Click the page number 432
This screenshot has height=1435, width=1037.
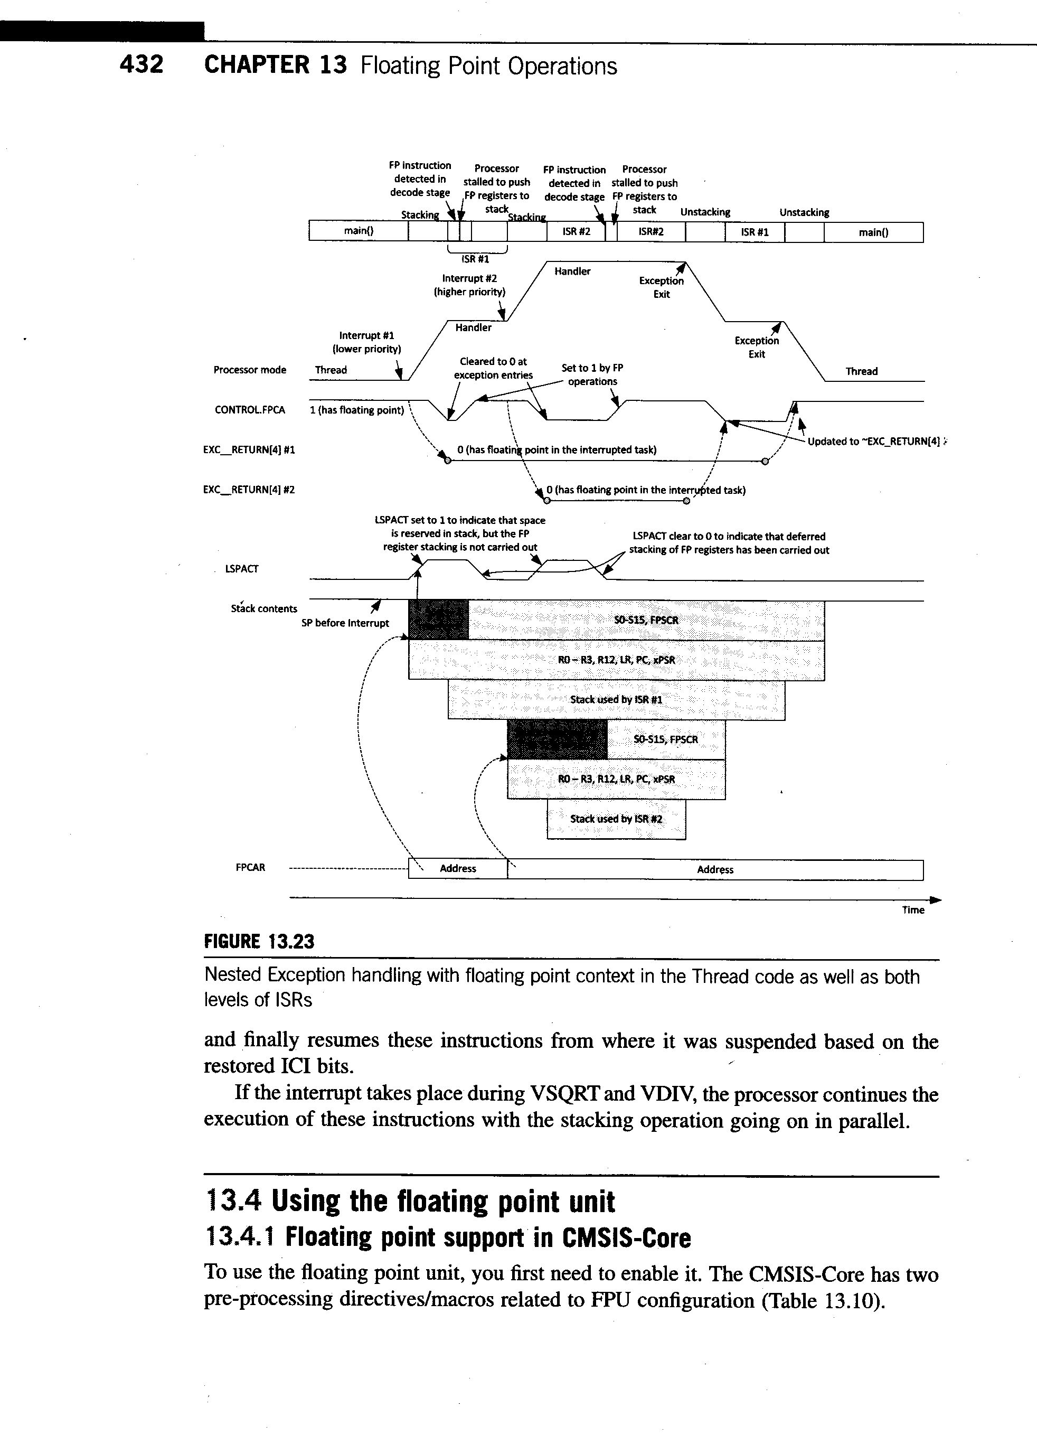(x=142, y=64)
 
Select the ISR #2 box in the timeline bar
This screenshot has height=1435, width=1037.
(x=576, y=231)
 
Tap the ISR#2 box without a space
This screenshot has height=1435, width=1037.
(x=651, y=231)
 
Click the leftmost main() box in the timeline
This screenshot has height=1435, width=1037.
(x=358, y=231)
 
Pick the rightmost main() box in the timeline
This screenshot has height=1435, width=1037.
(x=873, y=232)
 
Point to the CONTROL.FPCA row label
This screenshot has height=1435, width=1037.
(x=250, y=410)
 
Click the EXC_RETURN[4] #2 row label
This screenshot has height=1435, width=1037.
(x=249, y=490)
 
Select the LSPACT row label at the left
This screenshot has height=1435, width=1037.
(x=242, y=569)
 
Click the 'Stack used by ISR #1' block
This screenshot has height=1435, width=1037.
(x=616, y=700)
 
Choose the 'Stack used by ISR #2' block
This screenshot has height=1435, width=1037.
(x=616, y=819)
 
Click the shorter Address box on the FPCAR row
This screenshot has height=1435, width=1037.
(x=457, y=869)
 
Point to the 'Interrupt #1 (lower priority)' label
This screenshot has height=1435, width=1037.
(x=366, y=342)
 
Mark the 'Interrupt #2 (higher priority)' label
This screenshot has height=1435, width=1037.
(x=469, y=285)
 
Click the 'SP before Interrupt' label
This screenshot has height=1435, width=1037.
(x=345, y=623)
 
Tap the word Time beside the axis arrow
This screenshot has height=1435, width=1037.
(x=913, y=910)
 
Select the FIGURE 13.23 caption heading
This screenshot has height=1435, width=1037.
(x=259, y=942)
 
